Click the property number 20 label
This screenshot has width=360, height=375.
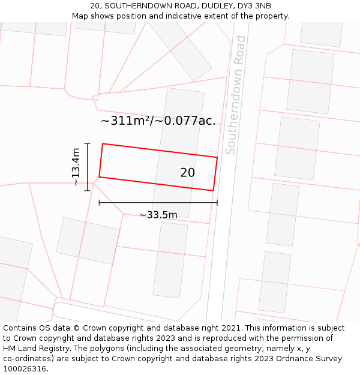coord(187,173)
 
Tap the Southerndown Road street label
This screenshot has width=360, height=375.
coord(236,95)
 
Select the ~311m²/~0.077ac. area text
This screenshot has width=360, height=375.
coord(158,121)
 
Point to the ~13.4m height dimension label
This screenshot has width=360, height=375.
coord(76,167)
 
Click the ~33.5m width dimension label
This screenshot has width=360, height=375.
coord(158,215)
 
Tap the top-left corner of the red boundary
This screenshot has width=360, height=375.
coord(103,144)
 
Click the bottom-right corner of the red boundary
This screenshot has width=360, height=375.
coord(214,191)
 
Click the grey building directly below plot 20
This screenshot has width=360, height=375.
coord(170,260)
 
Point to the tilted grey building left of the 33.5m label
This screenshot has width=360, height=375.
coord(89,241)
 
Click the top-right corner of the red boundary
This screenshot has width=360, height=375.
coord(217,157)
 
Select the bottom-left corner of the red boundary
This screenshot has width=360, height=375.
coord(99,177)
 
